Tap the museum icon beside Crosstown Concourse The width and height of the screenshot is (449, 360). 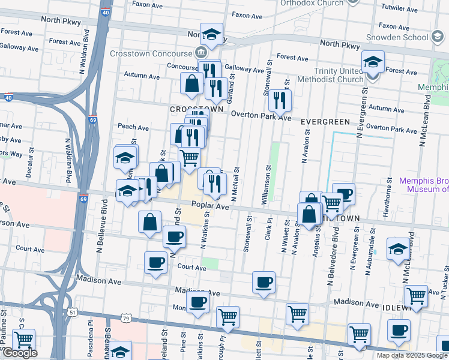pyautogui.click(x=200, y=53)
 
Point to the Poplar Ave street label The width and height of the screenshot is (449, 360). pyautogui.click(x=210, y=206)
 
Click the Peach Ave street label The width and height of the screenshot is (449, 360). pyautogui.click(x=133, y=127)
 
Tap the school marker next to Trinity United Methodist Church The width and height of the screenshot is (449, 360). pyautogui.click(x=373, y=62)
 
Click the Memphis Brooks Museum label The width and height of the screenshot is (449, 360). pyautogui.click(x=424, y=184)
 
